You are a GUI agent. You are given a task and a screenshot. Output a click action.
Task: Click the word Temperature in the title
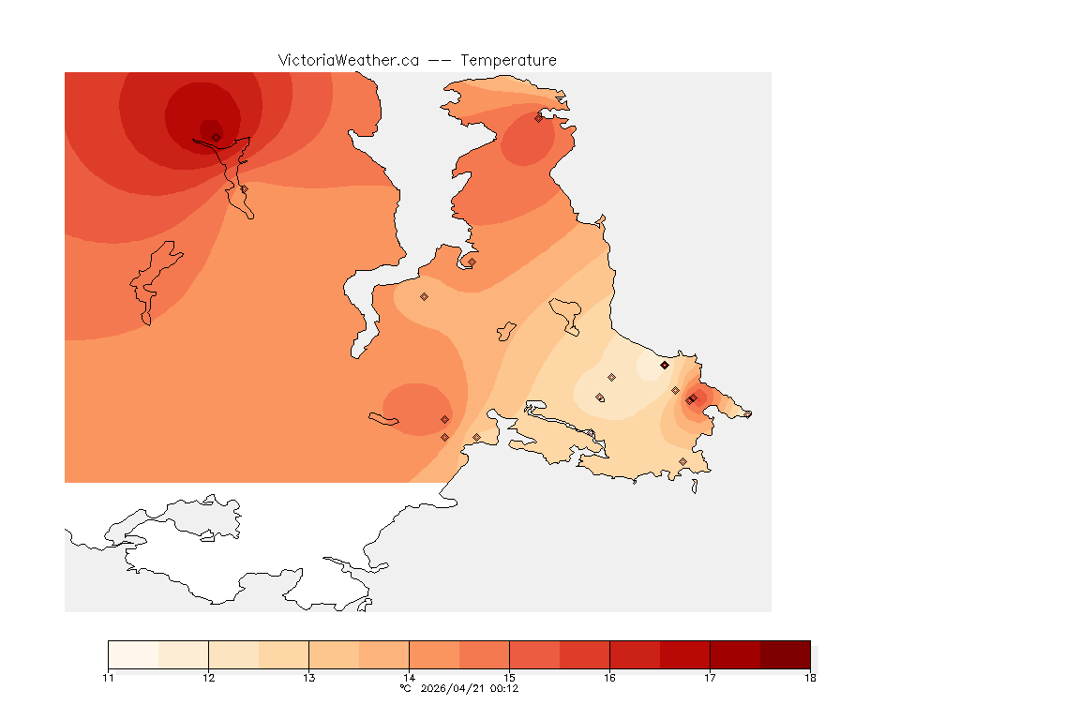pos(508,60)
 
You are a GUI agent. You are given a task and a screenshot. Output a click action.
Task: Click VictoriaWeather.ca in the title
pos(348,60)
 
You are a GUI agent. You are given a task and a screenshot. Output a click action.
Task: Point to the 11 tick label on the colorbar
pos(108,678)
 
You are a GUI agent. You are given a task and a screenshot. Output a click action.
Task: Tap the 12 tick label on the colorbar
pos(208,678)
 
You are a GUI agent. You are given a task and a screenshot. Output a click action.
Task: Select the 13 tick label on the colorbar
pos(308,678)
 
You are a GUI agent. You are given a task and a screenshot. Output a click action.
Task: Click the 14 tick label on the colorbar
pos(409,678)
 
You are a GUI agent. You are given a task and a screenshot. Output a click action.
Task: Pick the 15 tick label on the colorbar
pos(509,678)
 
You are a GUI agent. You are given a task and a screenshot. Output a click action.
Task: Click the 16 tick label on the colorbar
pos(609,678)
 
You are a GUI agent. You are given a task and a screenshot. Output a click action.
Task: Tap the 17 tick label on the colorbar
pos(710,678)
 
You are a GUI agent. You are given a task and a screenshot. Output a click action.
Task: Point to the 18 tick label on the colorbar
pos(810,678)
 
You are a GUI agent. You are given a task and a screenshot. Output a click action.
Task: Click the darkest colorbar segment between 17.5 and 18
pos(785,654)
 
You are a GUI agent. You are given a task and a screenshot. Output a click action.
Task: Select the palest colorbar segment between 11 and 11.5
pos(133,654)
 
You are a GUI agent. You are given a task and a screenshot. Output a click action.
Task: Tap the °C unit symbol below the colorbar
pos(405,688)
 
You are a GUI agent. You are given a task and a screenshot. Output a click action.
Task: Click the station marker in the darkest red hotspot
pos(216,137)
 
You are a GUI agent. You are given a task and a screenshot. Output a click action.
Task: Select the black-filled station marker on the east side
pos(665,365)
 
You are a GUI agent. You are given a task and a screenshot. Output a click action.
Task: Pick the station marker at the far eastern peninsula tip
pos(747,414)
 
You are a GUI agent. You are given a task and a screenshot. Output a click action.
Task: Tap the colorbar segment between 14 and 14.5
pos(434,654)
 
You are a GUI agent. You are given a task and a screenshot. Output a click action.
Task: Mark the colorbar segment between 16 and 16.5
pos(635,654)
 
